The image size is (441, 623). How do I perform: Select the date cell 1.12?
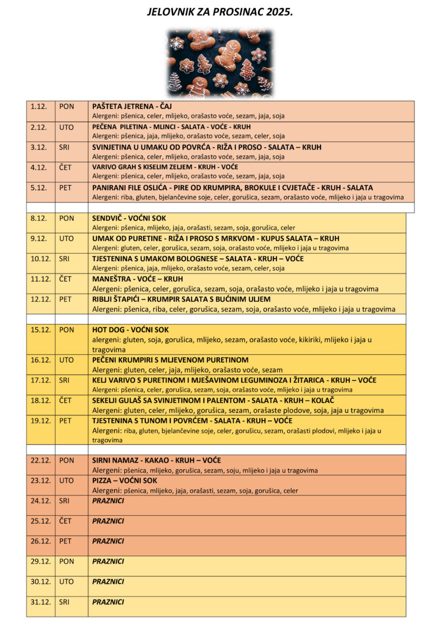pyautogui.click(x=39, y=107)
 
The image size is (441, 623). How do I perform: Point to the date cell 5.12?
pyautogui.click(x=39, y=187)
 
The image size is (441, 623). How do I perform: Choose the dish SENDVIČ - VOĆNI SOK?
pyautogui.click(x=130, y=219)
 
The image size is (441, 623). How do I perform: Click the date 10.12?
pyautogui.click(x=40, y=259)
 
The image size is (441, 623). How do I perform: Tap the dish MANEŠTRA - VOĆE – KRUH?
pyautogui.click(x=137, y=279)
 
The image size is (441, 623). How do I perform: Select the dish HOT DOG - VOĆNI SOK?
pyautogui.click(x=130, y=330)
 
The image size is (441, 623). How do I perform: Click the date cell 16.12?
pyautogui.click(x=40, y=360)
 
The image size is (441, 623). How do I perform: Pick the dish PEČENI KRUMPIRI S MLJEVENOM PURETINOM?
pyautogui.click(x=170, y=360)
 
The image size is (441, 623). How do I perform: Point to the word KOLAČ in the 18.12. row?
pyautogui.click(x=323, y=400)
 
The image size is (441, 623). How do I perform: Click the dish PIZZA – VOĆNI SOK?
pyautogui.click(x=125, y=481)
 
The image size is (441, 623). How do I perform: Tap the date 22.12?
pyautogui.click(x=40, y=460)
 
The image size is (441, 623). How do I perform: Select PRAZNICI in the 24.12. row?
pyautogui.click(x=108, y=501)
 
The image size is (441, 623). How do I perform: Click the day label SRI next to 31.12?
pyautogui.click(x=64, y=602)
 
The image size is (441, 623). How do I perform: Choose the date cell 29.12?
pyautogui.click(x=40, y=561)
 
